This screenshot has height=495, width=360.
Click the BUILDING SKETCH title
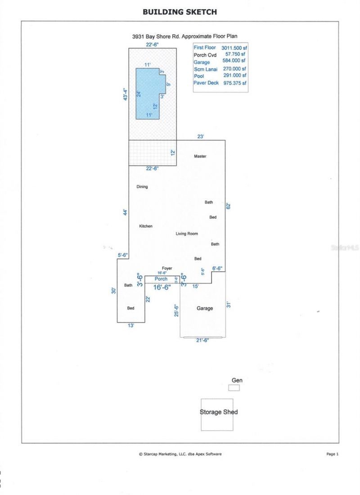180,12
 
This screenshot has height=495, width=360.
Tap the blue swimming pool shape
147,94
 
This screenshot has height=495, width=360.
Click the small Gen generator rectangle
234,388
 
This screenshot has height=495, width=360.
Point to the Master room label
200,156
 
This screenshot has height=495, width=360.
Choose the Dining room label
142,186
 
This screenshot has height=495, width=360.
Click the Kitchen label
145,226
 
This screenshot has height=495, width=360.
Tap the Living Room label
186,234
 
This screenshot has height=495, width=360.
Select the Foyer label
167,269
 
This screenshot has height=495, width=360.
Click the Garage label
204,309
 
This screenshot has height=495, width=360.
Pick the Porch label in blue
161,279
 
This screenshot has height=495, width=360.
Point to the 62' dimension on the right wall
228,206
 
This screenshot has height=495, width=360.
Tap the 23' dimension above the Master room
201,136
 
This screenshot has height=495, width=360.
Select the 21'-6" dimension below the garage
202,341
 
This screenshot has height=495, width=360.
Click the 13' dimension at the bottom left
130,325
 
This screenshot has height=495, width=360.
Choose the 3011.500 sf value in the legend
233,47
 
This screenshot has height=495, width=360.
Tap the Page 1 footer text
332,454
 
